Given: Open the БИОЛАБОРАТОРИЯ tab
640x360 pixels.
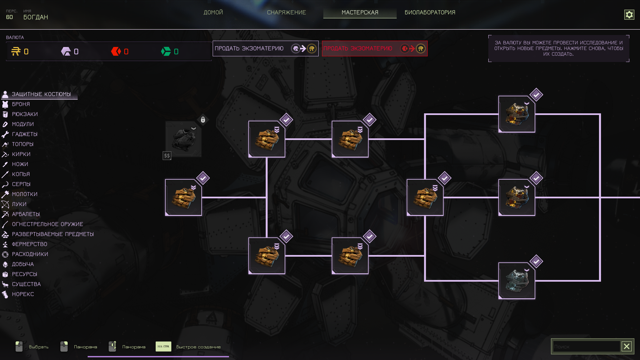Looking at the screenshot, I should click(x=430, y=13).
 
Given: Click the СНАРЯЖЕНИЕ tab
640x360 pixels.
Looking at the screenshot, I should click(x=286, y=13).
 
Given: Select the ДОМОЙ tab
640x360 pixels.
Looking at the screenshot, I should click(x=213, y=13).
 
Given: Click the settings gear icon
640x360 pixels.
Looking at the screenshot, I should click(x=629, y=15).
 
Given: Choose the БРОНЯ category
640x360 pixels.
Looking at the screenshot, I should click(x=21, y=104).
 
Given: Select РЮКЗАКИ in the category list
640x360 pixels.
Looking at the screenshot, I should click(x=25, y=114).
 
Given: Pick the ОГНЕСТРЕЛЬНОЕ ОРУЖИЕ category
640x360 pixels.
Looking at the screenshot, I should click(x=47, y=224).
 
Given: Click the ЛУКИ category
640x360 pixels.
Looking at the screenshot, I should click(x=19, y=204).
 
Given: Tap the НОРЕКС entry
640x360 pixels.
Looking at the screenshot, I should click(x=23, y=294).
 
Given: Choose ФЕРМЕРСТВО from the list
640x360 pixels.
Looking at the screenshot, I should click(x=29, y=244).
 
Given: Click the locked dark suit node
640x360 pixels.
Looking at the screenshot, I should click(x=183, y=139).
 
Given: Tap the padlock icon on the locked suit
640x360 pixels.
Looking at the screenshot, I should click(x=203, y=120).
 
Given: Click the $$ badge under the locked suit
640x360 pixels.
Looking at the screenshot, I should click(x=167, y=156).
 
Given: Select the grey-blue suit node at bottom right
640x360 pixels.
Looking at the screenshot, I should click(x=517, y=281).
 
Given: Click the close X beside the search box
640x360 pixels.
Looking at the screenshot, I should click(x=627, y=346).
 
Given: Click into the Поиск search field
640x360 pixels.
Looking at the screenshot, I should click(x=586, y=347).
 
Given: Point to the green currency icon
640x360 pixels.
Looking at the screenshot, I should click(x=166, y=52).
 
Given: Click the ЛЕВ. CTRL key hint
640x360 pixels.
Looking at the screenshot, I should click(x=163, y=347).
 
